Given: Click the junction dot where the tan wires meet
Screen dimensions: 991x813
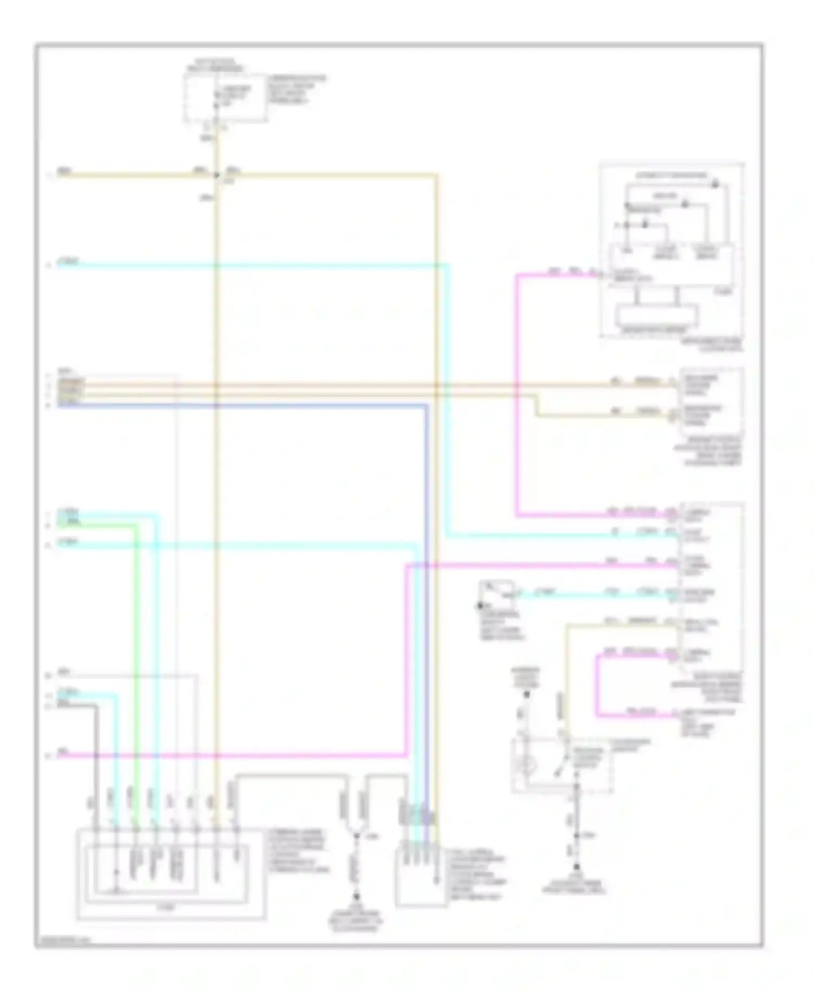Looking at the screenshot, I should click(217, 175).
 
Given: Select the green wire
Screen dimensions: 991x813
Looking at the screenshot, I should click(135, 651).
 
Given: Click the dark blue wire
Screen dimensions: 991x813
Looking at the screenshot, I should click(427, 596).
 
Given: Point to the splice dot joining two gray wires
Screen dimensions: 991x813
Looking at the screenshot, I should click(357, 836).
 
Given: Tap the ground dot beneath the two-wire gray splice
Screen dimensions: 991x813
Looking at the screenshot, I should click(357, 897).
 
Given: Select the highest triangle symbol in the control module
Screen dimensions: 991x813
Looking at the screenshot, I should click(715, 185).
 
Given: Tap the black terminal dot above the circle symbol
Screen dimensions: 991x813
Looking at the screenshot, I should click(526, 694).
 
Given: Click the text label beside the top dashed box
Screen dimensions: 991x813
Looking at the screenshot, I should click(295, 90).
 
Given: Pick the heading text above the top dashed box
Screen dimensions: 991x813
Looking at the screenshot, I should click(215, 65).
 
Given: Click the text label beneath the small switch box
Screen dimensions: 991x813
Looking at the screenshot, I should click(501, 626).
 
